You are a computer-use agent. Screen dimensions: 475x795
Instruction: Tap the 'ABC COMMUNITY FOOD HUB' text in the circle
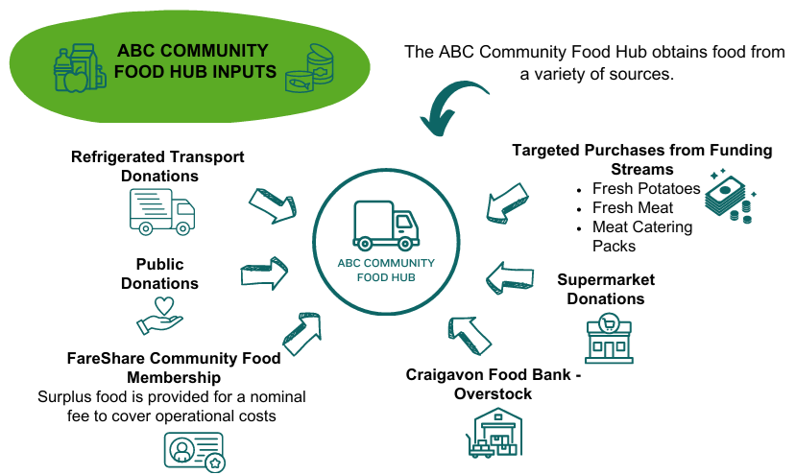tap(386, 270)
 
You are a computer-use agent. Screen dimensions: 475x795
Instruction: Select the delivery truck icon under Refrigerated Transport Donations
tap(161, 211)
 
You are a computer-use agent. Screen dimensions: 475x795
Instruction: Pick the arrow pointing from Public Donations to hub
tap(265, 273)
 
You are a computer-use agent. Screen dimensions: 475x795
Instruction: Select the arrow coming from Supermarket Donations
tap(509, 278)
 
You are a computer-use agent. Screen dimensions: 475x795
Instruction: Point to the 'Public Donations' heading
tap(159, 273)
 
